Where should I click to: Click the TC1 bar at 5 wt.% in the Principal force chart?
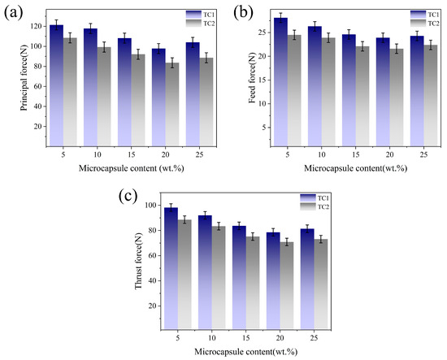coord(56,86)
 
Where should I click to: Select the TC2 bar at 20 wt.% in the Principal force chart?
coord(172,105)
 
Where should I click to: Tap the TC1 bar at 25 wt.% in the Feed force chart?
coord(417,91)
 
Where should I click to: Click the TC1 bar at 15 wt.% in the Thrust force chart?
coord(239,278)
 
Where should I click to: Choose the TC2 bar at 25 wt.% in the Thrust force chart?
coord(321,284)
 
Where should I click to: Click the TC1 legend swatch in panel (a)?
coord(193,15)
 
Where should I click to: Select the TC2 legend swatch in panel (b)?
coord(419,23)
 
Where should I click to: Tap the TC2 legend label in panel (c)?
coord(323,206)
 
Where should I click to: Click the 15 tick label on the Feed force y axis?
coord(263,80)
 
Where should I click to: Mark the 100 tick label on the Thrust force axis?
coord(151,206)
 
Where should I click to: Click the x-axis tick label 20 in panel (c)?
coord(280,338)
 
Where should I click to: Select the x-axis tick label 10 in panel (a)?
coord(98,154)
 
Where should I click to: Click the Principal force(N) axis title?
coord(24,77)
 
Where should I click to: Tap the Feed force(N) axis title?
coord(252,77)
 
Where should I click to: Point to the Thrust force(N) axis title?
coord(138,260)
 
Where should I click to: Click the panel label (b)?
coord(243,13)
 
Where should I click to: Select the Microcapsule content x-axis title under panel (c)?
coord(246,352)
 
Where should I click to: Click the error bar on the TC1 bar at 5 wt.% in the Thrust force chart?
coord(171,207)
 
